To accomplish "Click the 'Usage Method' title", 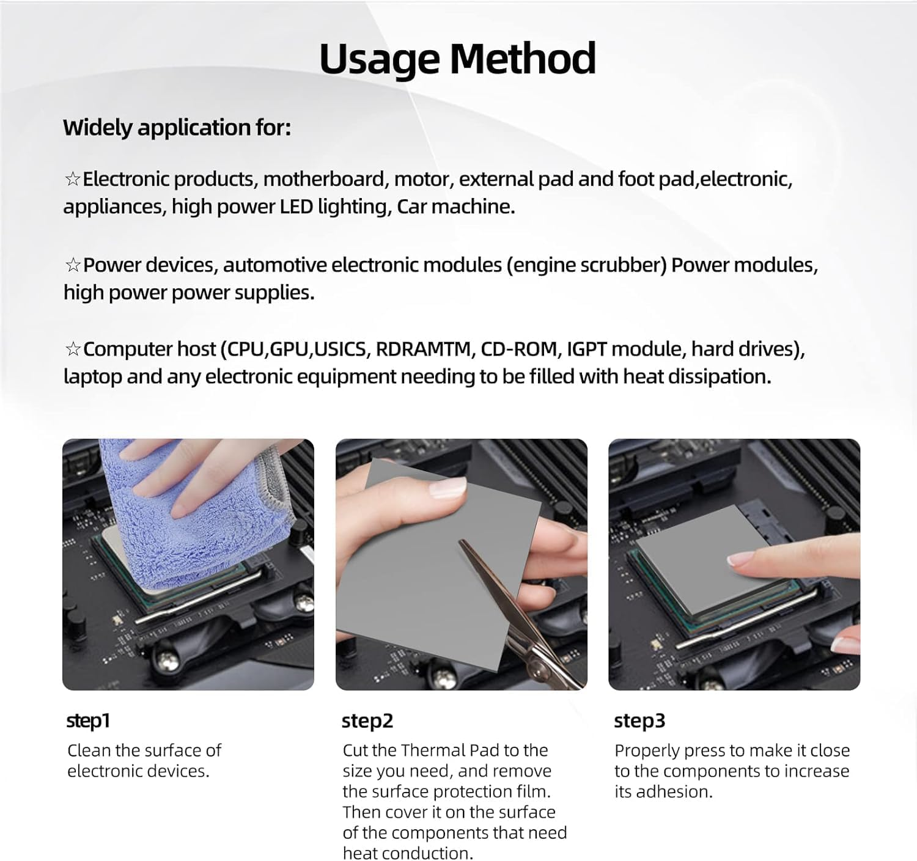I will [x=457, y=59].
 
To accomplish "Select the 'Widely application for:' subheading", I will [x=177, y=128].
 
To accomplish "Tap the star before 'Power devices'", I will [x=73, y=265].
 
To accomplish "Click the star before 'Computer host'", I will [x=73, y=349].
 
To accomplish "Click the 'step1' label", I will [x=88, y=720].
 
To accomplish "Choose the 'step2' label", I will [x=367, y=720].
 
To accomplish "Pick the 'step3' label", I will [x=639, y=720].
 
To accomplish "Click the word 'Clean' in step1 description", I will [x=89, y=750].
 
